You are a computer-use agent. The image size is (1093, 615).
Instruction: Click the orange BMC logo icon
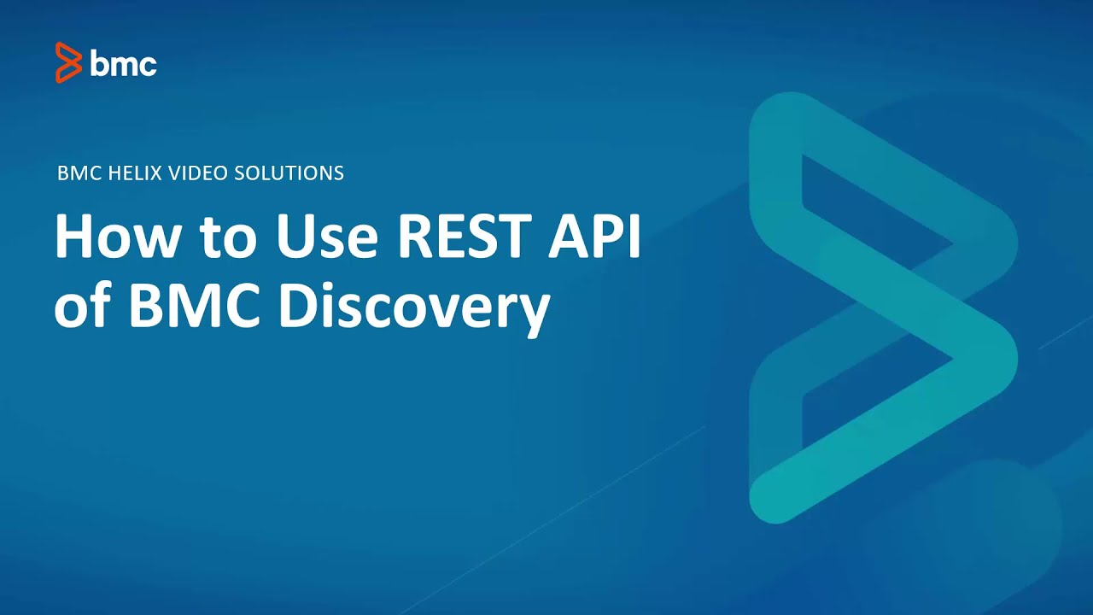(68, 62)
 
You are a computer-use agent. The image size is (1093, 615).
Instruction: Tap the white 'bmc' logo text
(123, 63)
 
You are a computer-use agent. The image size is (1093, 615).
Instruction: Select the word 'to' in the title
(224, 238)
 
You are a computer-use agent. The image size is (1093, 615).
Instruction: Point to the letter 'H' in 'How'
(74, 237)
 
